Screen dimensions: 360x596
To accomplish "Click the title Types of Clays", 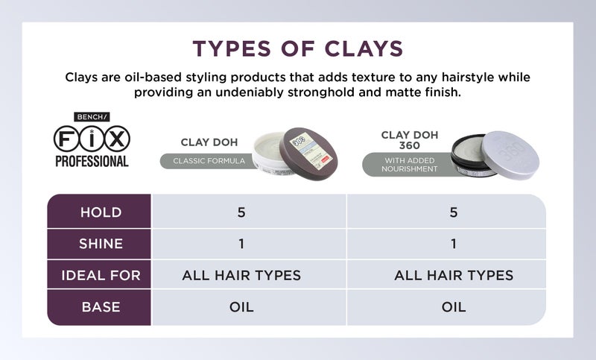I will (297, 48).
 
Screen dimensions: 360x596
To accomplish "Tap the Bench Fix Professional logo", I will (92, 139).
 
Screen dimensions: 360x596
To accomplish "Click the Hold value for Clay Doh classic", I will (241, 212).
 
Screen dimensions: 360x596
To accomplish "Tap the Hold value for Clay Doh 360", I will (454, 212).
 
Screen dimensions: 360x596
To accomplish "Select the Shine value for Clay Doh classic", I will (241, 244).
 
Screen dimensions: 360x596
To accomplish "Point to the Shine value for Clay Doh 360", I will (454, 244).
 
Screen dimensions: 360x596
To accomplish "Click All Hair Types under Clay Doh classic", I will (241, 275).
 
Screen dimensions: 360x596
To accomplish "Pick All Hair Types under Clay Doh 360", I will (454, 275).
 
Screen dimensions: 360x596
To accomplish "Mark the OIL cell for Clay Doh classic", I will (241, 307).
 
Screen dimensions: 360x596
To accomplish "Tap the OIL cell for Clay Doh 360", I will (454, 307).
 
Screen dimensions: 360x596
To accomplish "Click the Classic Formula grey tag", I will (203, 160).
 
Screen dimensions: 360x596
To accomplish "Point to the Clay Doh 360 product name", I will (409, 140).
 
